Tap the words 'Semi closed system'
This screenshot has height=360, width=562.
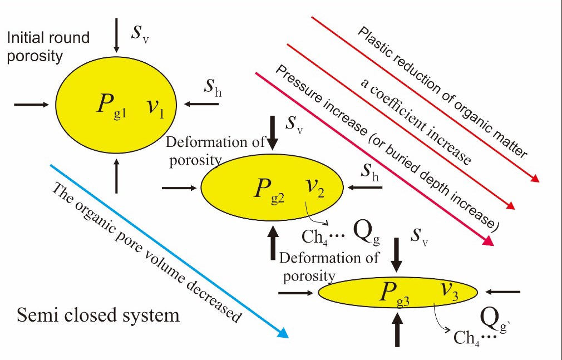click(98, 315)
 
